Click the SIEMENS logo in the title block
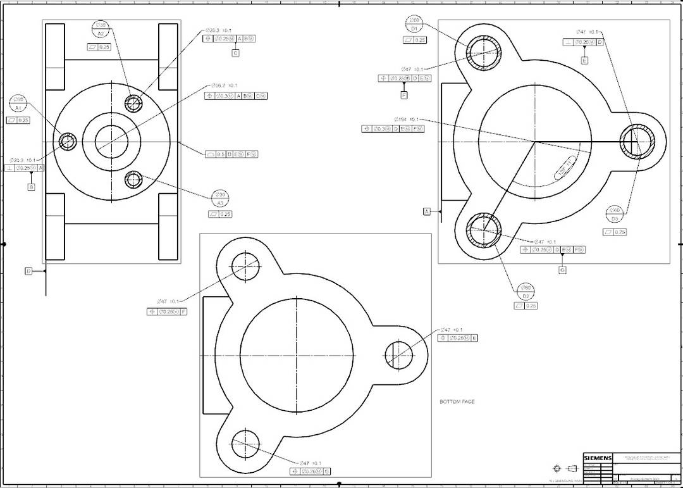coord(598,458)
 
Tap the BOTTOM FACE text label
coord(457,402)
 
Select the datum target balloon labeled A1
coord(18,104)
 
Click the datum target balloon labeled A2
coord(100,29)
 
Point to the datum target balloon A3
coord(220,199)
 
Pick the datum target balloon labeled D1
coord(414,24)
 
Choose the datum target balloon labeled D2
coord(526,291)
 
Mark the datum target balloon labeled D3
coord(615,215)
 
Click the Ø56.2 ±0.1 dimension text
coord(225,85)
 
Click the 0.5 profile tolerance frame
coord(232,154)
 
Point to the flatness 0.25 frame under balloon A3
coord(221,215)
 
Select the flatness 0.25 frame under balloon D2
coord(526,306)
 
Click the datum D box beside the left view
coord(28,271)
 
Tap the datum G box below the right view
coord(562,270)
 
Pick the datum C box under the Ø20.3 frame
coord(235,53)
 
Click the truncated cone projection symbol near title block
coord(572,469)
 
